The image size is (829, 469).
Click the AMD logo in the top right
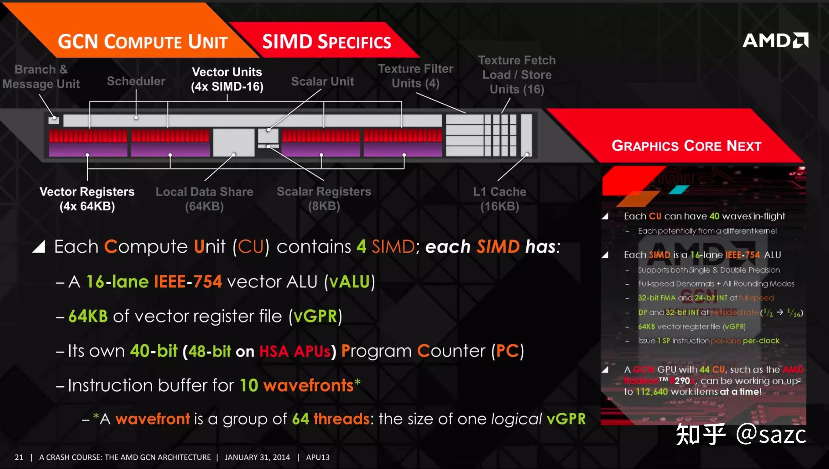775,41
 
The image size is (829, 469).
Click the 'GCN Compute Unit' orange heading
143,42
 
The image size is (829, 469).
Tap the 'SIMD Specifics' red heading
326,42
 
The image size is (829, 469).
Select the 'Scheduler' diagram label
136,81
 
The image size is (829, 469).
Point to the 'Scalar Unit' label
322,81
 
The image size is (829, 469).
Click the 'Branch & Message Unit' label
41,77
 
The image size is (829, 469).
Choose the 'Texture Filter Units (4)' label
415,76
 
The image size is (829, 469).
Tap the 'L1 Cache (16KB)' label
500,199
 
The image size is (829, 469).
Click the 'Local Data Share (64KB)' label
204,199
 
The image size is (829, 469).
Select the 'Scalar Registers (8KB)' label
324,199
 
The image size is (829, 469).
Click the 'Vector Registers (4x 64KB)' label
87,199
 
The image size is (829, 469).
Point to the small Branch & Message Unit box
54,120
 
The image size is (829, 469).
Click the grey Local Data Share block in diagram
234,142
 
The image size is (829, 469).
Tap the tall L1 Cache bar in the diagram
526,135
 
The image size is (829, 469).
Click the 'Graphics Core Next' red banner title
686,146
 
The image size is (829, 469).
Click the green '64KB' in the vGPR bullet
88,316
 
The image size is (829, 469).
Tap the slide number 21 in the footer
19,457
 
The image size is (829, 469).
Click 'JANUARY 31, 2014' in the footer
257,457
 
